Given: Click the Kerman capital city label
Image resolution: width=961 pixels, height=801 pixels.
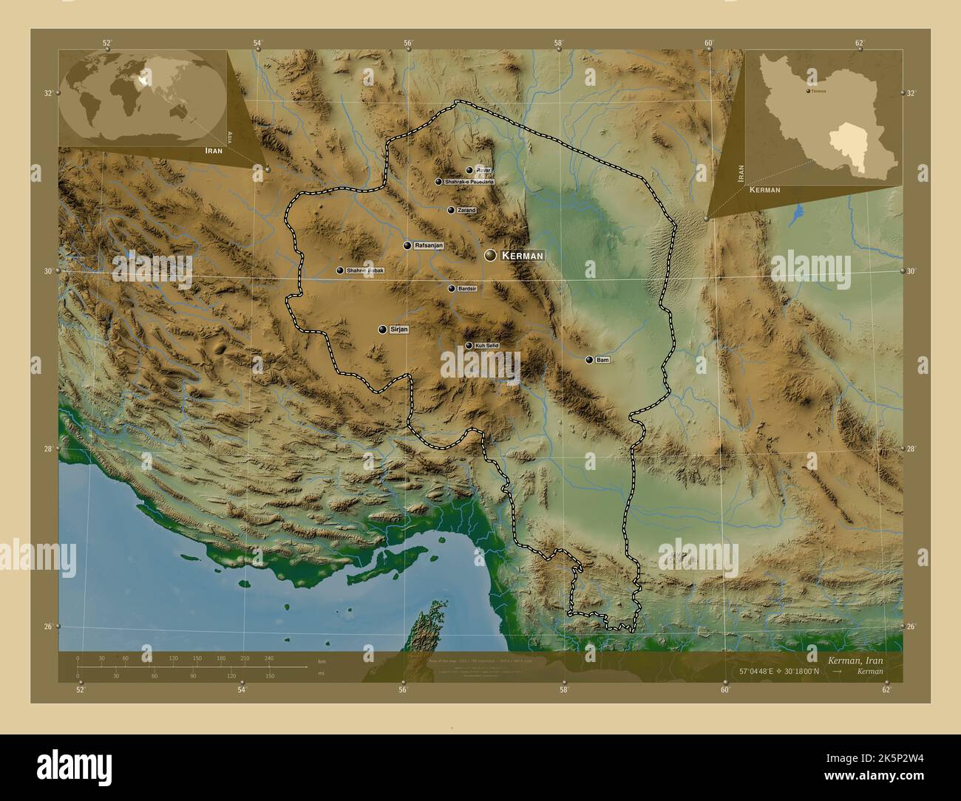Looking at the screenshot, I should click(523, 256).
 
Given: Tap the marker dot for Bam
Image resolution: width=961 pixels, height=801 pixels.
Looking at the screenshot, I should click(589, 360).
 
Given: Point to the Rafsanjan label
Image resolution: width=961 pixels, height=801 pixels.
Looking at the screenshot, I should click(429, 245).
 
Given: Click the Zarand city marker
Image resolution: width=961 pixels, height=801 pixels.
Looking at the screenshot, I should click(451, 210).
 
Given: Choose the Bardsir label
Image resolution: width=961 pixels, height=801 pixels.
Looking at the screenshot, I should click(468, 289).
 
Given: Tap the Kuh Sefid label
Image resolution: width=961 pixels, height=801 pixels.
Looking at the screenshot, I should click(486, 346).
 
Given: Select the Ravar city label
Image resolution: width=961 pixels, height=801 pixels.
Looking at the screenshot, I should click(483, 170).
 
